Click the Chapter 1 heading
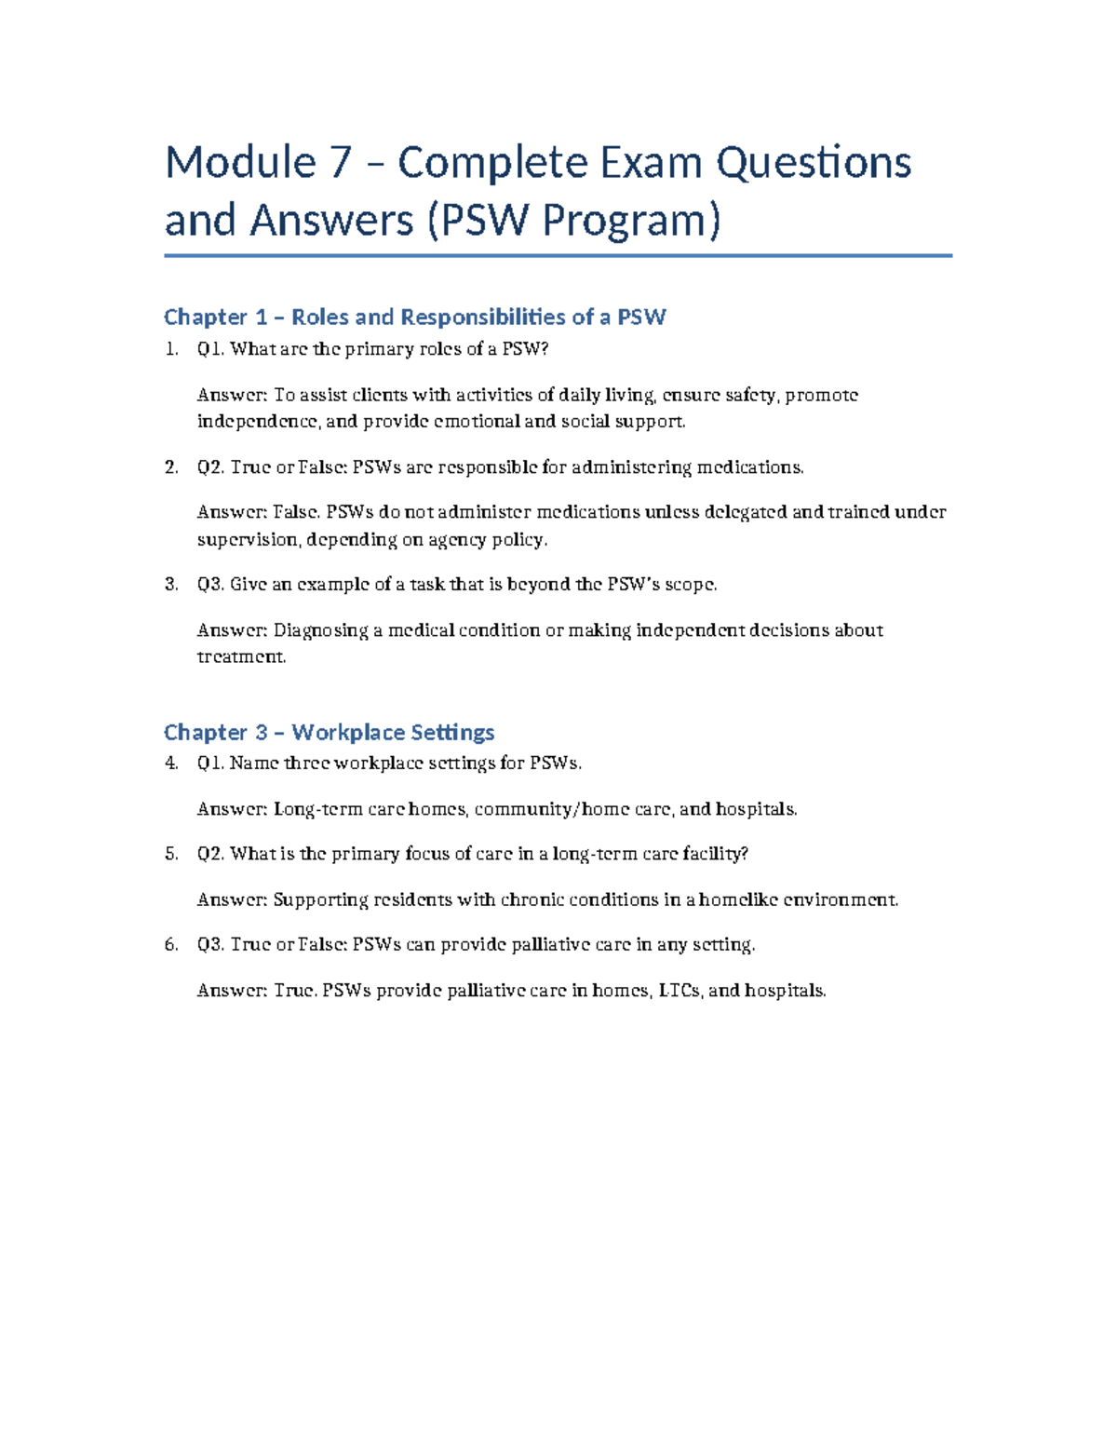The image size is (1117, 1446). (x=414, y=318)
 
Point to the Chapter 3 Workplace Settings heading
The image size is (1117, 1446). (x=329, y=733)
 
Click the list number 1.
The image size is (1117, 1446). (x=169, y=350)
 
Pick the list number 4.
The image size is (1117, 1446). (x=170, y=764)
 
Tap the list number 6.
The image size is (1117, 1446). (x=170, y=945)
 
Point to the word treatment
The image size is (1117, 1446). (x=240, y=657)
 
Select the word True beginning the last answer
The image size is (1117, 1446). (x=293, y=991)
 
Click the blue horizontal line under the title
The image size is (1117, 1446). (x=558, y=255)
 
